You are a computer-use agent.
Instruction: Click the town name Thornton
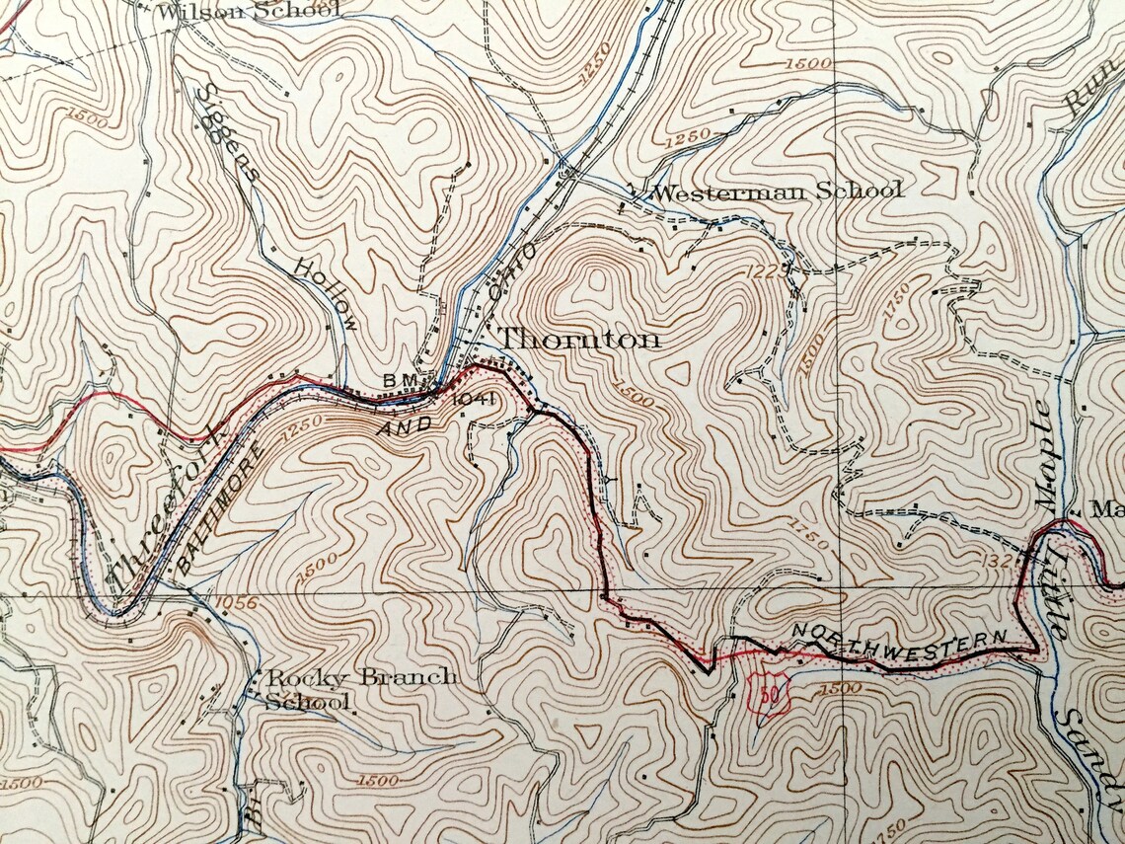click(x=578, y=340)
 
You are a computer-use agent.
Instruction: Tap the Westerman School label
click(x=778, y=192)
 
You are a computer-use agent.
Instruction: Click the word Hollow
click(x=325, y=295)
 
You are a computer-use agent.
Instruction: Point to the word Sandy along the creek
click(x=1090, y=760)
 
